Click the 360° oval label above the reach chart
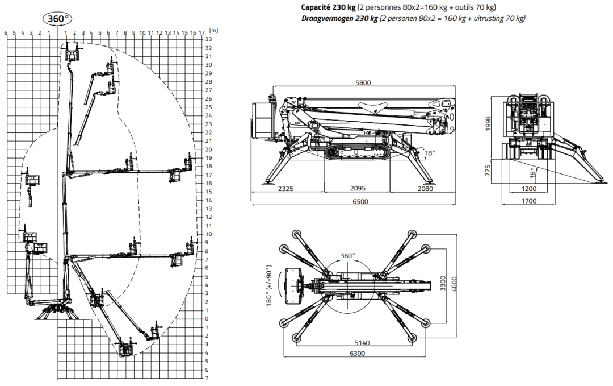[58, 18]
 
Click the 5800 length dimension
[363, 82]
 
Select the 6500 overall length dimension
[360, 202]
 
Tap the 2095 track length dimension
[358, 188]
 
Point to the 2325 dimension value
[285, 189]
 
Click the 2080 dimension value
[425, 189]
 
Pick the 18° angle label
[430, 153]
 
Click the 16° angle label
[533, 173]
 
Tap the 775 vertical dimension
[488, 171]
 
